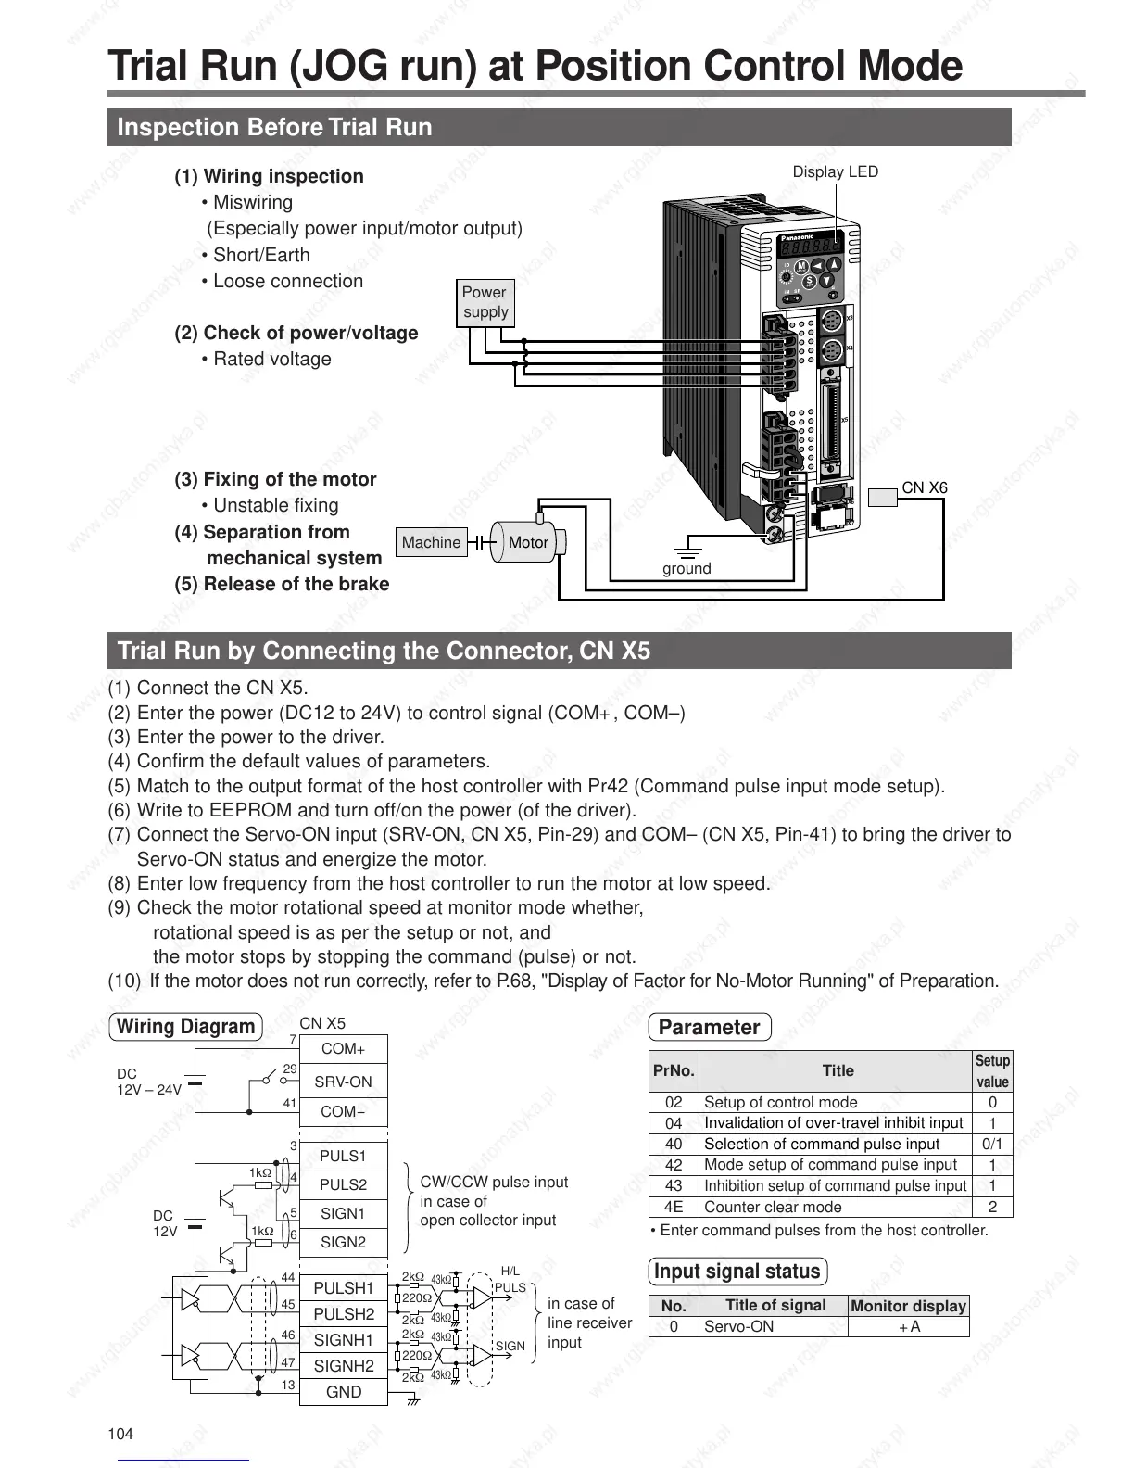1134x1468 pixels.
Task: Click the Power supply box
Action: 485,302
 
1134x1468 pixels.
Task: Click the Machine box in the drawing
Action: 431,543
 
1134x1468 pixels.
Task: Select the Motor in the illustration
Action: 528,543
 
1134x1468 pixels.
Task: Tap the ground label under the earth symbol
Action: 687,569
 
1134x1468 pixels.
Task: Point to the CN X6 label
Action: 925,487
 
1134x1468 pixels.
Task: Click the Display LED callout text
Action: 835,171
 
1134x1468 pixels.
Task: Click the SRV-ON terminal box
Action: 343,1082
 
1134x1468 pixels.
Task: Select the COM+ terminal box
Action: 343,1049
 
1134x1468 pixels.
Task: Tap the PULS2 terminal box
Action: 343,1184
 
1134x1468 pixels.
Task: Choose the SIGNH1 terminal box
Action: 344,1340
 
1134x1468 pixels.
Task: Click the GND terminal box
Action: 344,1392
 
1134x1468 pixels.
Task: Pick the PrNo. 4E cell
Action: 674,1207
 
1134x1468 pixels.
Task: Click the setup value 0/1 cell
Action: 992,1144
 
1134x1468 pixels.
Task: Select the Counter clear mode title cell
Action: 773,1207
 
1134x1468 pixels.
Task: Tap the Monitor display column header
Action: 908,1306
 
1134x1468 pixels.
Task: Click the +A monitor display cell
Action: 909,1326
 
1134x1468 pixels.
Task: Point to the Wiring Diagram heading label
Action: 186,1027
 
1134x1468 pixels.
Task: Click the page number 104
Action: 121,1435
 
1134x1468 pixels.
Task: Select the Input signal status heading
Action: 737,1272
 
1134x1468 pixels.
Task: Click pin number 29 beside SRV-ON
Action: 290,1069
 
